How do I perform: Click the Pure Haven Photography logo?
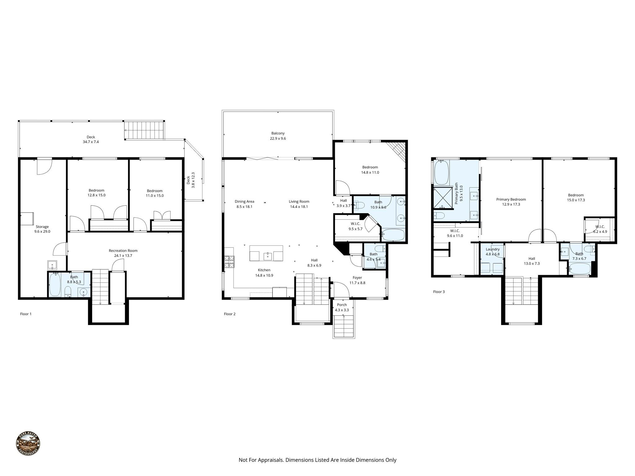[x=28, y=444]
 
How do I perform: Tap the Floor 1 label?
[x=26, y=314]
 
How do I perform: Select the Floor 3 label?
[x=439, y=292]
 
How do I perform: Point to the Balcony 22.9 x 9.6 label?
[x=278, y=136]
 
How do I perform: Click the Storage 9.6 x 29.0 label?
[x=42, y=229]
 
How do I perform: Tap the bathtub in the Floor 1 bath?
[x=55, y=284]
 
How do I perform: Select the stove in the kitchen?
[x=229, y=262]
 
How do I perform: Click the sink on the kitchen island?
[x=268, y=256]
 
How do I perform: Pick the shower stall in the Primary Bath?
[x=442, y=198]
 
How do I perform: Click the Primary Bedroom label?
[x=511, y=202]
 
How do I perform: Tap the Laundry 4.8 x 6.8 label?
[x=492, y=251]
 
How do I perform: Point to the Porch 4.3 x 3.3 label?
[x=342, y=307]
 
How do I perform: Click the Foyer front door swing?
[x=342, y=290]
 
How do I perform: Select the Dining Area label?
[x=244, y=204]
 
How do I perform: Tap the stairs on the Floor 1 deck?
[x=144, y=130]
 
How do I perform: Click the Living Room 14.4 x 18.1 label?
[x=299, y=204]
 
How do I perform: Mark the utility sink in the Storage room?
[x=52, y=265]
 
